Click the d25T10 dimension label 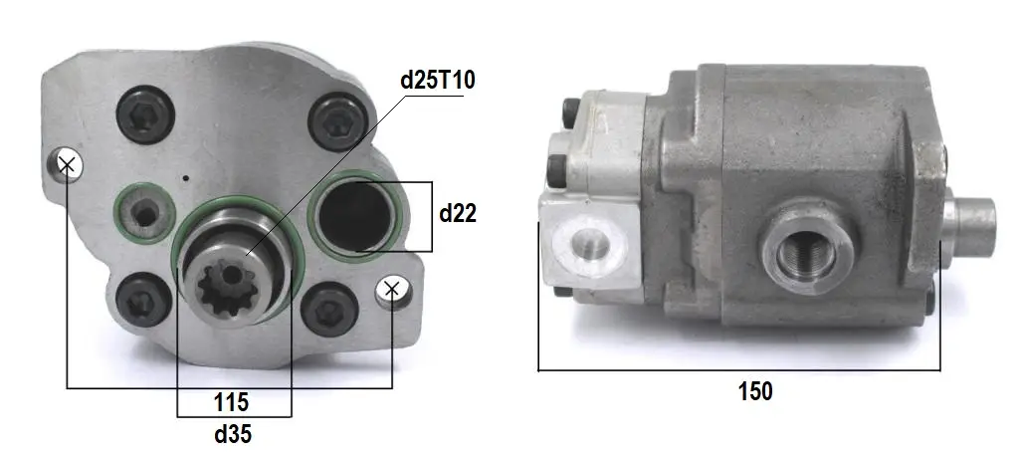click(x=438, y=80)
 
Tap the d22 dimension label click(x=458, y=213)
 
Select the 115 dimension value click(x=231, y=402)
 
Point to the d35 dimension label click(x=233, y=434)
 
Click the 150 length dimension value click(x=756, y=391)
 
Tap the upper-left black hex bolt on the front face click(x=145, y=114)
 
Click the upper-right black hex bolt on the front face click(x=338, y=122)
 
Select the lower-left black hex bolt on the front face click(x=143, y=301)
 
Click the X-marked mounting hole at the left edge click(x=67, y=164)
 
